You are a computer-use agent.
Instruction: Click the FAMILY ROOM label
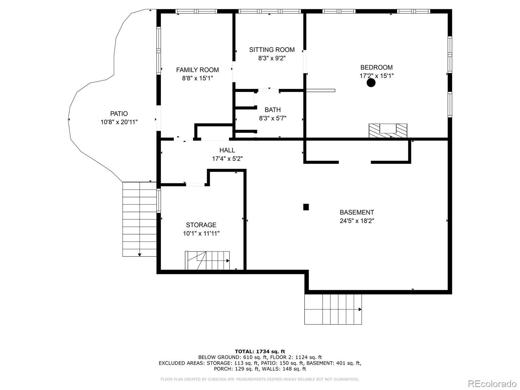[197, 70]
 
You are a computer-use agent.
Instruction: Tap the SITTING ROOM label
[272, 50]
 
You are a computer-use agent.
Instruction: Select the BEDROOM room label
[376, 68]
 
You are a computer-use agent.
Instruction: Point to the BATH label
[273, 110]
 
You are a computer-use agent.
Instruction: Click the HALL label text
[227, 150]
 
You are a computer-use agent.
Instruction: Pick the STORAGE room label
[201, 225]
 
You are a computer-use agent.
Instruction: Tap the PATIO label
[119, 114]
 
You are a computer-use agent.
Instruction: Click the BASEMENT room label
[357, 213]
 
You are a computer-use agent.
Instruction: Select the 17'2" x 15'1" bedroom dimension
[376, 76]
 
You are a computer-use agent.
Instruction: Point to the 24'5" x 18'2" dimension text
[357, 221]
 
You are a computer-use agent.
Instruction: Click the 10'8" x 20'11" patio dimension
[119, 122]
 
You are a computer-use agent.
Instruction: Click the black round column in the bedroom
[371, 83]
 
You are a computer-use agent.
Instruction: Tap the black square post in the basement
[306, 207]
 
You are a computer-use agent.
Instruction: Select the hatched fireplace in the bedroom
[388, 130]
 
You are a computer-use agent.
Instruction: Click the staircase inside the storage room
[207, 260]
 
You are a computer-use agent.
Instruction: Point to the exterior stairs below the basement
[333, 309]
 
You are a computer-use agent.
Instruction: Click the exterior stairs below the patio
[139, 219]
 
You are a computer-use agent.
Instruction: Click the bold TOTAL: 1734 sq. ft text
[260, 351]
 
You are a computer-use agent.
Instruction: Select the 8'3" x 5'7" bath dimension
[273, 118]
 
